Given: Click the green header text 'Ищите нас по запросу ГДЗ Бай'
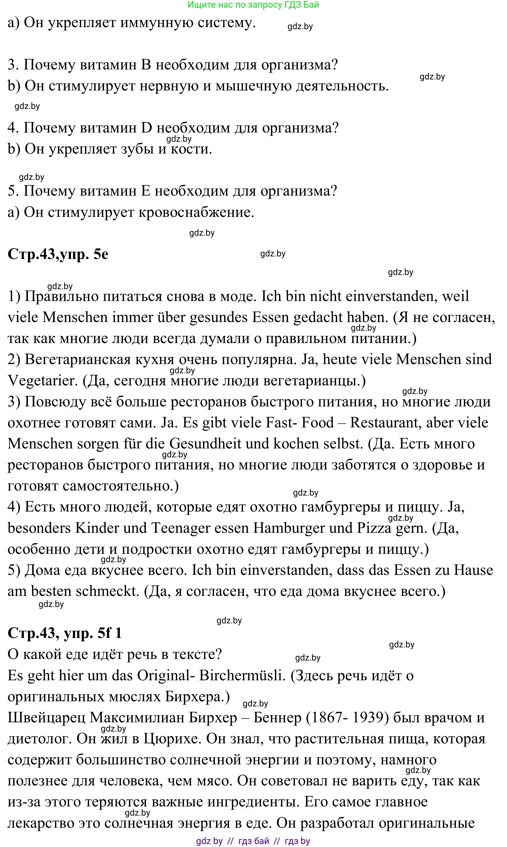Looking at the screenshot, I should click(253, 5).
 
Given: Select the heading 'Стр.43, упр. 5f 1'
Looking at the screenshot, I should click(65, 633).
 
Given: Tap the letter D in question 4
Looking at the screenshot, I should click(146, 128).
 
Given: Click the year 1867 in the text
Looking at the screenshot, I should click(327, 718).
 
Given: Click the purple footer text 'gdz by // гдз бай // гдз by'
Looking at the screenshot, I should click(253, 841).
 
